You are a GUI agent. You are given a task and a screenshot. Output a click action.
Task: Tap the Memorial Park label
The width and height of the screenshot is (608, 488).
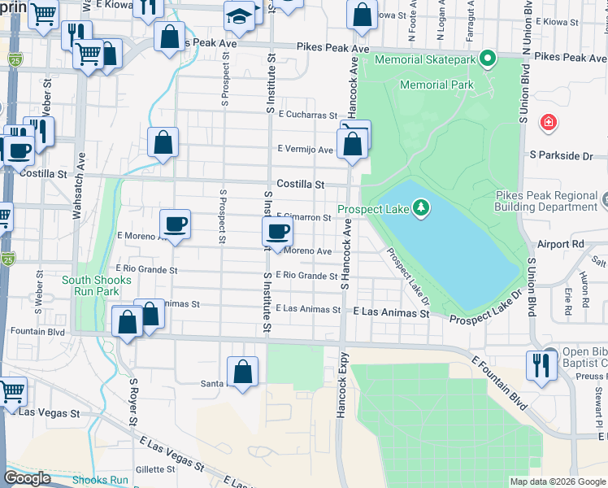[435, 85]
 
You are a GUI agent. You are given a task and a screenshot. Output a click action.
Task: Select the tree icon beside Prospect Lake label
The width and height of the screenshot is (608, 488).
[420, 209]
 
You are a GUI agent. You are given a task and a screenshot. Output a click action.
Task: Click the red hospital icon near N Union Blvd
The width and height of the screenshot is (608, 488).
[549, 123]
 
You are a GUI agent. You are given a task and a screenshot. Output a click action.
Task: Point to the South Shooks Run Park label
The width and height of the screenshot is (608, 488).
[90, 285]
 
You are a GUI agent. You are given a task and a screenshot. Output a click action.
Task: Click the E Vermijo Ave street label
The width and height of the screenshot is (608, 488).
[305, 150]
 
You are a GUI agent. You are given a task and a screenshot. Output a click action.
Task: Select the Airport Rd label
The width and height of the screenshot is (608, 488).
[561, 243]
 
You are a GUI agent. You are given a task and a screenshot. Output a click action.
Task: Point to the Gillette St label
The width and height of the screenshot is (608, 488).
[150, 469]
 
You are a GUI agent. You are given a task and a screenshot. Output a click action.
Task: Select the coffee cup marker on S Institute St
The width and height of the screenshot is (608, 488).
[278, 232]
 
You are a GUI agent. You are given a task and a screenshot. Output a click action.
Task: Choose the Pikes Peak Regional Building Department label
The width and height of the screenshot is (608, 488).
[551, 202]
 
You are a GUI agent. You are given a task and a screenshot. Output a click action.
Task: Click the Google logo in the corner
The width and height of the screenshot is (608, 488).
[27, 478]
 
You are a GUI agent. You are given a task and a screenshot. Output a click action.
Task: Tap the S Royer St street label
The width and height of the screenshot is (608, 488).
[130, 402]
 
